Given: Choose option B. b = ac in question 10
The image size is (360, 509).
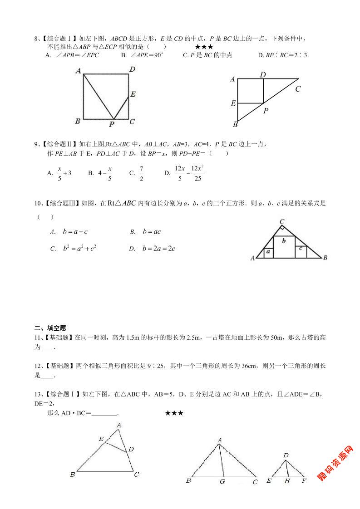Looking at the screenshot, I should tap(146, 232).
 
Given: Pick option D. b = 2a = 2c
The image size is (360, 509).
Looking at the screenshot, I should tap(152, 249).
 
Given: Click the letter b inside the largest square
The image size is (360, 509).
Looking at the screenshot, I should tap(284, 241).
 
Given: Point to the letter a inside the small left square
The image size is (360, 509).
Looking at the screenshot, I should tap(268, 251).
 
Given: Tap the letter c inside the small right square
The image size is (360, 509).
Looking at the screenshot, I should tap(301, 248).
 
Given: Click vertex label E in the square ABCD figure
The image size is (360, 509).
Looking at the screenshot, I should tap(133, 94).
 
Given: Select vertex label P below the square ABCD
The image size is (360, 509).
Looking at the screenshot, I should tap(112, 123).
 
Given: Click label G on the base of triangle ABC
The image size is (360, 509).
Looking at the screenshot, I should tap(222, 481).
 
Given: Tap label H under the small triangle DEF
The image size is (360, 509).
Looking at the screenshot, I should tap(287, 481).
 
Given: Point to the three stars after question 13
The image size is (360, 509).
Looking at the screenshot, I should tap(174, 413).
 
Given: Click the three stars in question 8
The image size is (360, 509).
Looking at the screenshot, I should tap(204, 47).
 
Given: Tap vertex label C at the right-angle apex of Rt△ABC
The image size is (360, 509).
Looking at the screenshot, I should tap(282, 221).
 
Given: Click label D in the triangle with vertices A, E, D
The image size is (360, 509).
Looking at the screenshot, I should tap(131, 449).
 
